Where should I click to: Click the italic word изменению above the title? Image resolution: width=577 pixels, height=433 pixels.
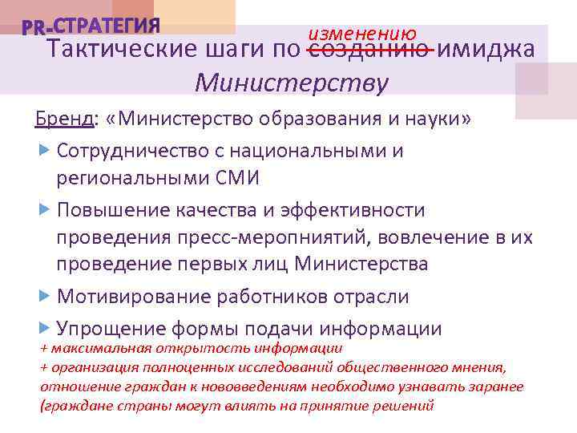click(363, 34)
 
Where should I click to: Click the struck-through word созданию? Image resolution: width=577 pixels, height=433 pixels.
click(371, 50)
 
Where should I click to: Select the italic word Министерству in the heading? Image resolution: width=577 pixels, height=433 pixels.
click(292, 83)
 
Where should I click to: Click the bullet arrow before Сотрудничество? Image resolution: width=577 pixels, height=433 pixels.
click(45, 150)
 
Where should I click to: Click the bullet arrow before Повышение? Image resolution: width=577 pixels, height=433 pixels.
click(45, 209)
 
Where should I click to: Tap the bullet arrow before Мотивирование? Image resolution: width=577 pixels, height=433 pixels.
click(45, 296)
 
